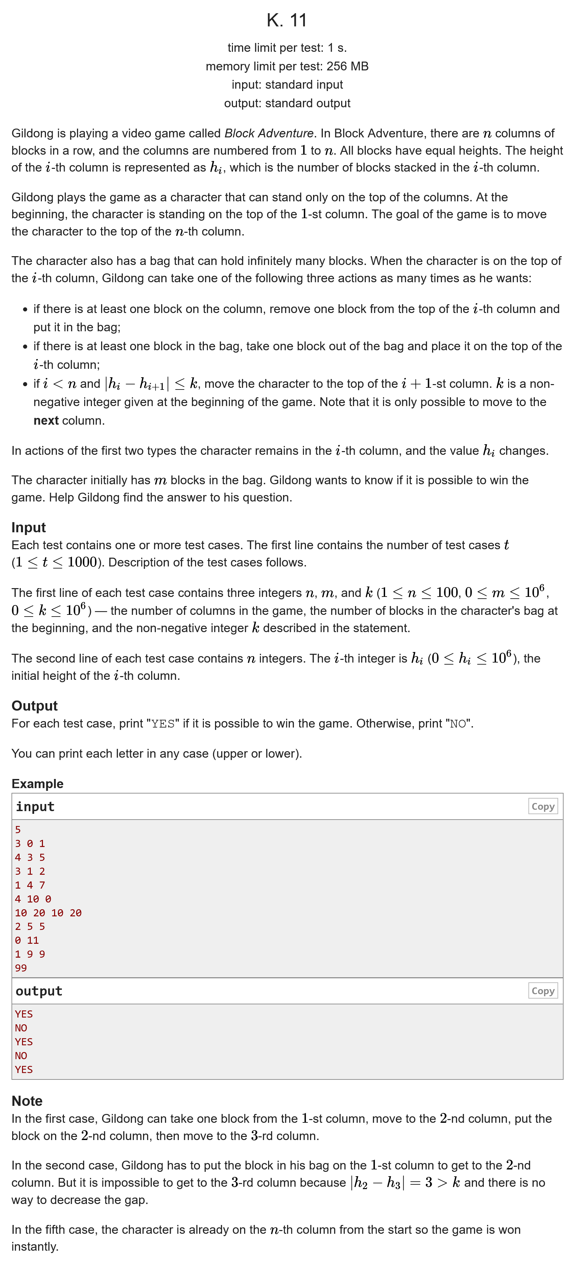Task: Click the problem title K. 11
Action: (286, 20)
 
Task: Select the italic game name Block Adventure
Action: (268, 133)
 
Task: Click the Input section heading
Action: (29, 527)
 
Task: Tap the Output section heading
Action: (34, 706)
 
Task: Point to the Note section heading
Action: (27, 1101)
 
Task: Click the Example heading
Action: (38, 784)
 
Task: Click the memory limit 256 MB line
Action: (287, 66)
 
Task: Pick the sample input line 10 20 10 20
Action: (48, 913)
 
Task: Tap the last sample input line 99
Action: (21, 968)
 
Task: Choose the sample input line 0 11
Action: (27, 940)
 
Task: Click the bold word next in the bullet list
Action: (46, 421)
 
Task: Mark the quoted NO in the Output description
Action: (457, 724)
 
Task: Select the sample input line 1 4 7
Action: (30, 885)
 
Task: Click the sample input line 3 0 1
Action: (30, 843)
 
